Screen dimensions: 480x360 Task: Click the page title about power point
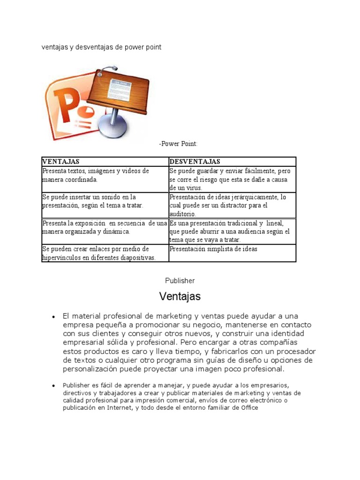click(x=102, y=47)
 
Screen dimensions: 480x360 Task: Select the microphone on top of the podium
click(x=107, y=70)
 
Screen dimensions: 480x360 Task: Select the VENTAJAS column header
click(x=61, y=162)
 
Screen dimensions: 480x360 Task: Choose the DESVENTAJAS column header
click(x=195, y=162)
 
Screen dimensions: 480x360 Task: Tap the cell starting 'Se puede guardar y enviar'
click(x=232, y=179)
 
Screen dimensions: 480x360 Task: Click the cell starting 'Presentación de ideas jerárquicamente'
click(x=232, y=205)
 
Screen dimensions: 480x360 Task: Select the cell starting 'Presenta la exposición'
click(x=105, y=227)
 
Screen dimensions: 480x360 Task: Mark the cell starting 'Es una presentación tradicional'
click(x=232, y=231)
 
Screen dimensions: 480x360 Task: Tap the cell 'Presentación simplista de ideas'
click(x=213, y=249)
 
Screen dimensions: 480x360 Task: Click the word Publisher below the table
click(x=180, y=280)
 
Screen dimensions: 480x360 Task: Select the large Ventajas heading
click(x=180, y=297)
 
